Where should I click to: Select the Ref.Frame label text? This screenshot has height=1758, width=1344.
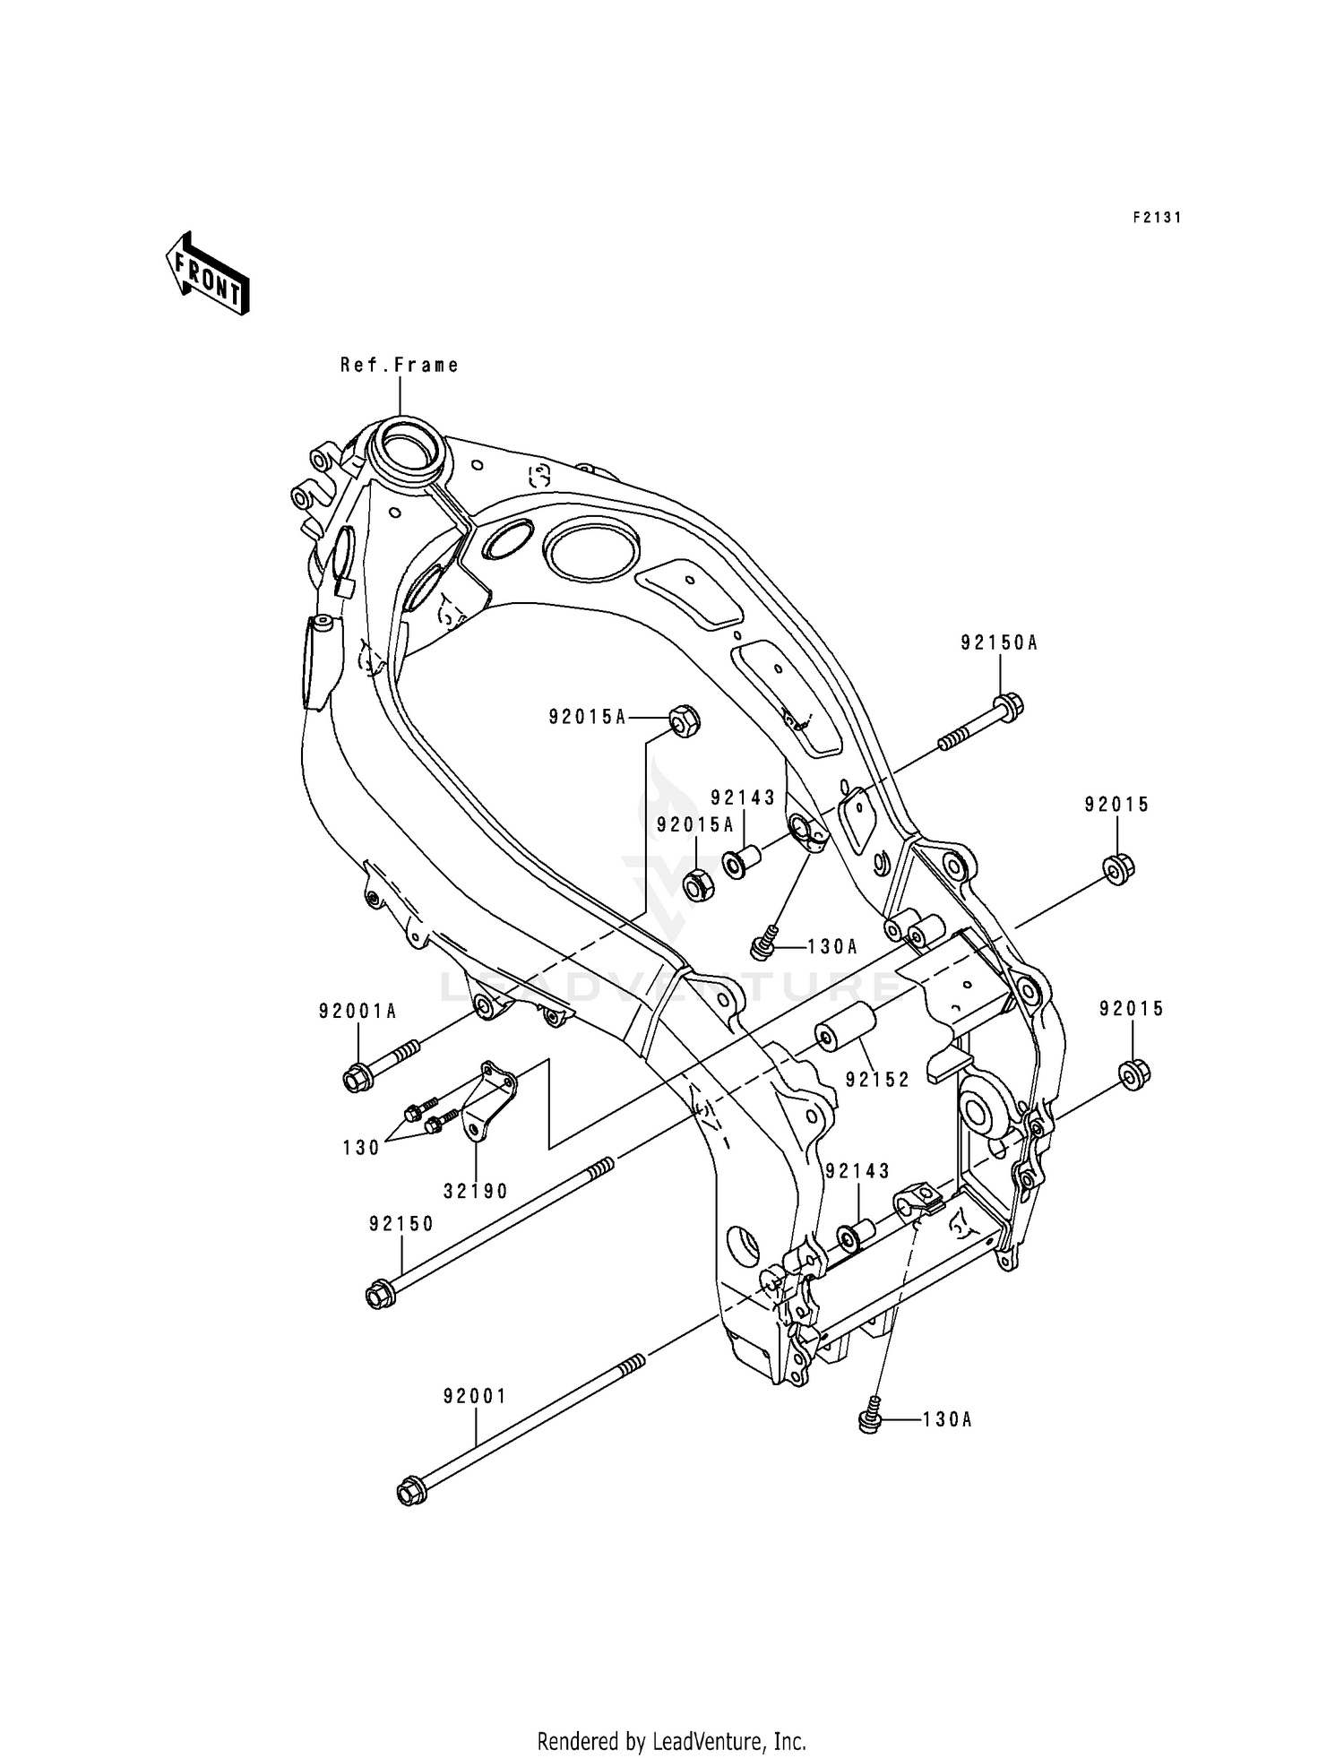[x=399, y=365]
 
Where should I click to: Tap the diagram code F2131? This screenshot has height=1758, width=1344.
[x=1156, y=218]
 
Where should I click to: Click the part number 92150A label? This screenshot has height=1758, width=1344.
[x=999, y=642]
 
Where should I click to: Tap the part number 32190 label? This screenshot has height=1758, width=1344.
[x=476, y=1192]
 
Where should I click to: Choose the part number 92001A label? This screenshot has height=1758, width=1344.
[x=358, y=1011]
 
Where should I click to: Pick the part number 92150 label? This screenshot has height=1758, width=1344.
[x=401, y=1224]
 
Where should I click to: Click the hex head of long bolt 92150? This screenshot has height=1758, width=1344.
[x=378, y=1296]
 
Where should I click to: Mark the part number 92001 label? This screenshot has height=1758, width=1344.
[x=475, y=1396]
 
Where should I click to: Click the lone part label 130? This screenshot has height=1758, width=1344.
[x=362, y=1148]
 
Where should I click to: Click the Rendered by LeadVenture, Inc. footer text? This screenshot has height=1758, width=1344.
[x=671, y=1716]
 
